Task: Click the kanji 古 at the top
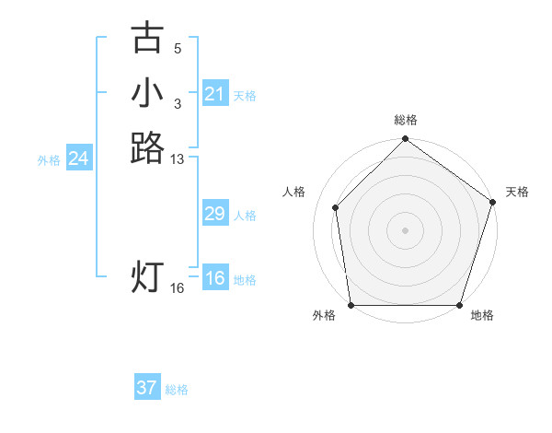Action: coord(147,39)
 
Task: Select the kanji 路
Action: coord(147,147)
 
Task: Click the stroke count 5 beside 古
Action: coord(178,48)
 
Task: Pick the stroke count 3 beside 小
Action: coord(178,103)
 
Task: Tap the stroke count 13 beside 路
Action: coord(178,159)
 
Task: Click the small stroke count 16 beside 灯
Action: coord(178,288)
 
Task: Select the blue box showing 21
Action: coord(215,94)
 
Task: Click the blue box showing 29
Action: coord(215,214)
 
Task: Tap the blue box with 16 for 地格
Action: coord(215,278)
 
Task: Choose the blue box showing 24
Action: coord(79,159)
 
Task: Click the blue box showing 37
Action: coord(147,388)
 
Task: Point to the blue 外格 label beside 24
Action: coord(49,160)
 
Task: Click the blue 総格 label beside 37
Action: coord(177,390)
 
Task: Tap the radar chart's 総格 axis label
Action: coord(406,120)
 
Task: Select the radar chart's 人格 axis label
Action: coord(294,192)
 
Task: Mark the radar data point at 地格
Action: coord(459,305)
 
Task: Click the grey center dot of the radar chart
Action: coord(406,229)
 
